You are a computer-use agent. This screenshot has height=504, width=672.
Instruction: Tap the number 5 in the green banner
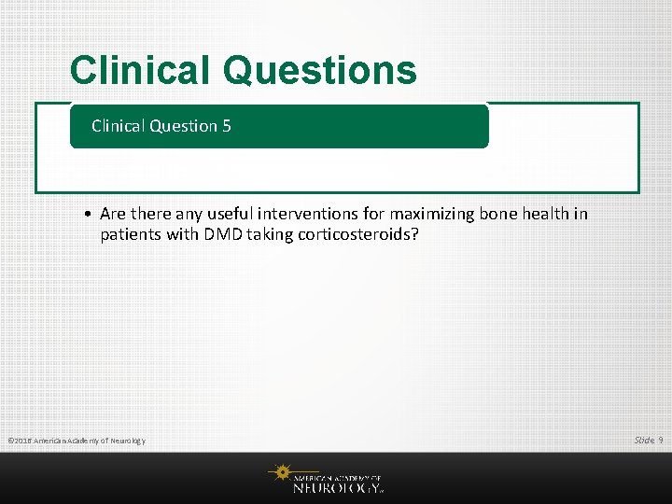(227, 126)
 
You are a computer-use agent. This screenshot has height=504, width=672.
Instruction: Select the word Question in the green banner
(186, 126)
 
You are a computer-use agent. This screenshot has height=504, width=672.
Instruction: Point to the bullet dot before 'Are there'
(85, 215)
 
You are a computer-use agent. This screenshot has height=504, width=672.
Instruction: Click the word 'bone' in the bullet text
(498, 214)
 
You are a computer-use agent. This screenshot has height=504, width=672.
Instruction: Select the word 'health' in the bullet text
(545, 214)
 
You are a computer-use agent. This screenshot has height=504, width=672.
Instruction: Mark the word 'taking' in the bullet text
(270, 234)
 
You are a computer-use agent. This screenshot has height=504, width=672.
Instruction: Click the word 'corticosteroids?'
(358, 234)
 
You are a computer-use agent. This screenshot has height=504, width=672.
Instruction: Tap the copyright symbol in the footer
(10, 441)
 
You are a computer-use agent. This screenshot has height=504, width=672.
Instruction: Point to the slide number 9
(660, 440)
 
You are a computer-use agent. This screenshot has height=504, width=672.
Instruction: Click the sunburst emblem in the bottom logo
(280, 473)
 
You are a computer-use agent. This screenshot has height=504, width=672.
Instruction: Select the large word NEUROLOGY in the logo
(337, 486)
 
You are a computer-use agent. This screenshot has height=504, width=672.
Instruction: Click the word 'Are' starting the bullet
(112, 214)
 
